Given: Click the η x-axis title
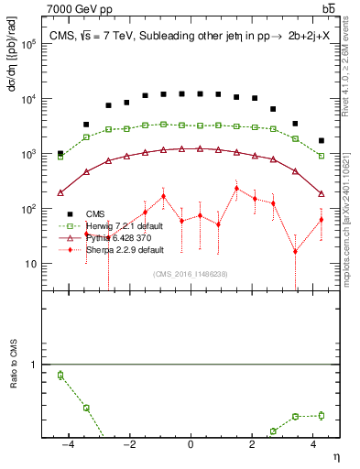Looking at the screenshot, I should point(335,455).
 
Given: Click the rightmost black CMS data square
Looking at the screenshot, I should point(321,141).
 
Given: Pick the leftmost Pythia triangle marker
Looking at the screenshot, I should point(60,192).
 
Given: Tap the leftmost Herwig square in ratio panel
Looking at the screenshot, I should point(60,375).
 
